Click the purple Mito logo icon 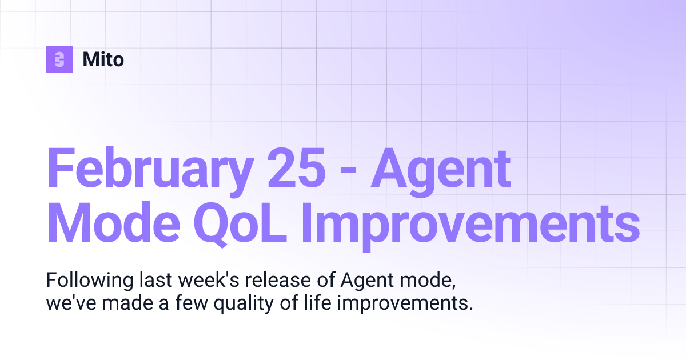(x=59, y=59)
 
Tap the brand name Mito (x=103, y=59)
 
